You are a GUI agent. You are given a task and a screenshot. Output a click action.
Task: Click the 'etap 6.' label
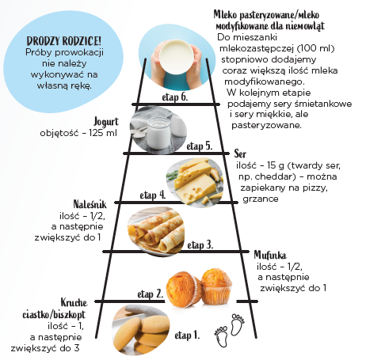pos(175,97)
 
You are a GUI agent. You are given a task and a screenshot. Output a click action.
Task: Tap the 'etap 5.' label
pos(200,146)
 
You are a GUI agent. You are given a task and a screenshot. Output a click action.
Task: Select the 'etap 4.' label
pos(153,195)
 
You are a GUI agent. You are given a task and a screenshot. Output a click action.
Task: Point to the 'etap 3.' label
pos(200,245)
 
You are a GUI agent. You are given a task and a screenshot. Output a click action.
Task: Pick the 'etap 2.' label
pos(151,294)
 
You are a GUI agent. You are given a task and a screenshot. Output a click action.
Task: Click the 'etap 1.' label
pos(187,335)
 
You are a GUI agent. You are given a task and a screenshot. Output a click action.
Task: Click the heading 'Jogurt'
pos(106,122)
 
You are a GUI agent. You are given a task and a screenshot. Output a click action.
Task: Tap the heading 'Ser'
pos(240,153)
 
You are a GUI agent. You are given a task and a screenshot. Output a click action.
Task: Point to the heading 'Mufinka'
pos(270,255)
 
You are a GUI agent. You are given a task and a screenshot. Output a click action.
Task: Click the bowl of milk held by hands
pos(177,57)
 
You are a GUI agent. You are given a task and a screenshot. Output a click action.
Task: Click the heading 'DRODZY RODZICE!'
pos(64,41)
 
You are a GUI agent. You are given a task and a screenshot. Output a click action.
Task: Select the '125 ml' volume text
pos(103,133)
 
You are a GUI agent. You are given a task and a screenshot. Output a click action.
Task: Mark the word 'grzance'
pos(261,199)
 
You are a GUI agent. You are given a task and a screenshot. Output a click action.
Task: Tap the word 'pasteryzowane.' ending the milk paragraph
pos(266,125)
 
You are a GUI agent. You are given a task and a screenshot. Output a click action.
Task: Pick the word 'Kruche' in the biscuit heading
pos(74,302)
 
